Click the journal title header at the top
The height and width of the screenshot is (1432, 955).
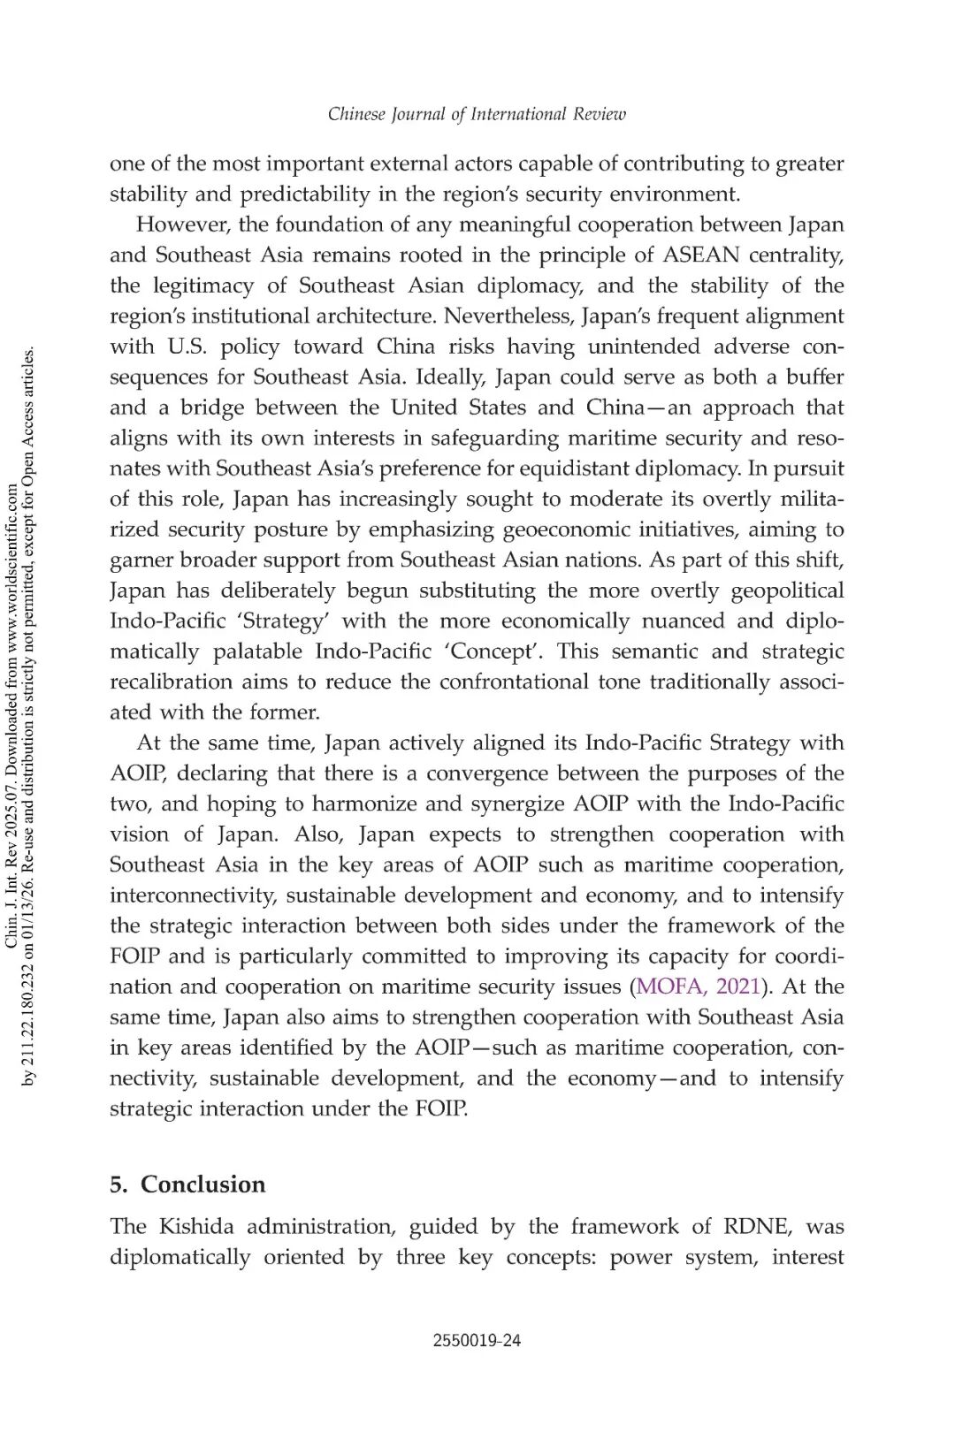pyautogui.click(x=477, y=114)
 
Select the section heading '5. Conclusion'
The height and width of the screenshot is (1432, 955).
pyautogui.click(x=187, y=1184)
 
